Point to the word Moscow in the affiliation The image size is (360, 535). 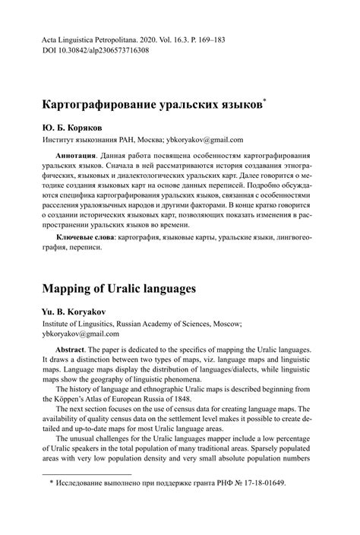pos(223,323)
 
